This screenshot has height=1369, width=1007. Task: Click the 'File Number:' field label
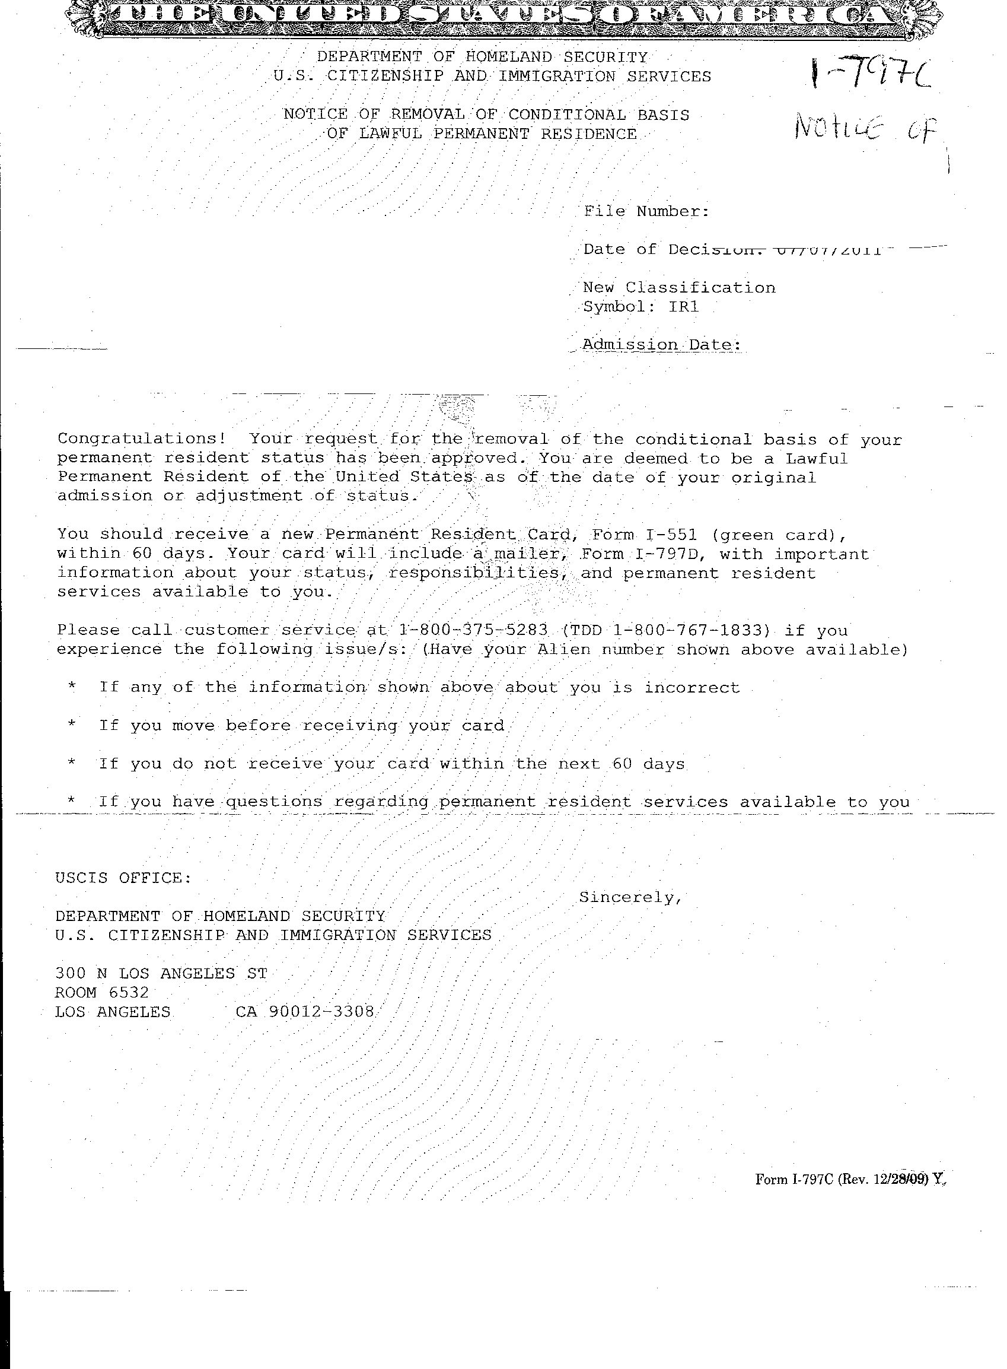pyautogui.click(x=646, y=212)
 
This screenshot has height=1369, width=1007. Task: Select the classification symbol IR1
pyautogui.click(x=683, y=307)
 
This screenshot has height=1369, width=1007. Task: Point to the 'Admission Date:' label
pyautogui.click(x=661, y=345)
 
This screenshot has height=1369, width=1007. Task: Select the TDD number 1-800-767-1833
pyautogui.click(x=695, y=630)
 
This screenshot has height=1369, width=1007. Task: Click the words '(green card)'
pyautogui.click(x=779, y=535)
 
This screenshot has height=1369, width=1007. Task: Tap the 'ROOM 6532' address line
pyautogui.click(x=102, y=993)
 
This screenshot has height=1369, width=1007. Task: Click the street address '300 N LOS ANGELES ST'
pyautogui.click(x=161, y=973)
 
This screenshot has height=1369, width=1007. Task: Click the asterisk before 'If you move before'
pyautogui.click(x=72, y=725)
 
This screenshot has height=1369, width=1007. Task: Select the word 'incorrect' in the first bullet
pyautogui.click(x=692, y=688)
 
